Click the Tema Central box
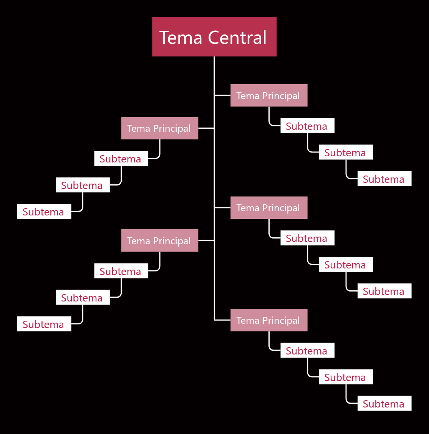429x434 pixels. tap(214, 37)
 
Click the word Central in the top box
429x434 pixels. tap(237, 37)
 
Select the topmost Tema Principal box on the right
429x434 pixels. tap(269, 95)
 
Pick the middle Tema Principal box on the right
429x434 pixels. tap(269, 207)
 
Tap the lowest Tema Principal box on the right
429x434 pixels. tap(269, 320)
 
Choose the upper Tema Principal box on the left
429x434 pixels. tap(160, 128)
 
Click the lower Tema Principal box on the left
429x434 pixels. tap(160, 240)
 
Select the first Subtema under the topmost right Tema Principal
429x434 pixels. tap(307, 126)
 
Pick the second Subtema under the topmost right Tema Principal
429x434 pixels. tap(346, 152)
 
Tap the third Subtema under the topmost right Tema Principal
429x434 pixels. tap(384, 179)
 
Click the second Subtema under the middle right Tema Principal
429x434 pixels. tap(346, 264)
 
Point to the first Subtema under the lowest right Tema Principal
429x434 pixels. tap(307, 350)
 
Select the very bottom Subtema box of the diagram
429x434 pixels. tap(384, 403)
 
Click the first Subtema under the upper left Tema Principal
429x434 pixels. tap(121, 158)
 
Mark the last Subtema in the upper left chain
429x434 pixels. tap(44, 212)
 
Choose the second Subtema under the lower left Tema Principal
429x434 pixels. tap(83, 297)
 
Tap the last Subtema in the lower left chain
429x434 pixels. tap(44, 324)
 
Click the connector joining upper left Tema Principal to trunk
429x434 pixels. tap(206, 128)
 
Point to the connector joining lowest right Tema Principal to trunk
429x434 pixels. tap(222, 320)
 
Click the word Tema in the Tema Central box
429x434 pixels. tap(181, 37)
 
